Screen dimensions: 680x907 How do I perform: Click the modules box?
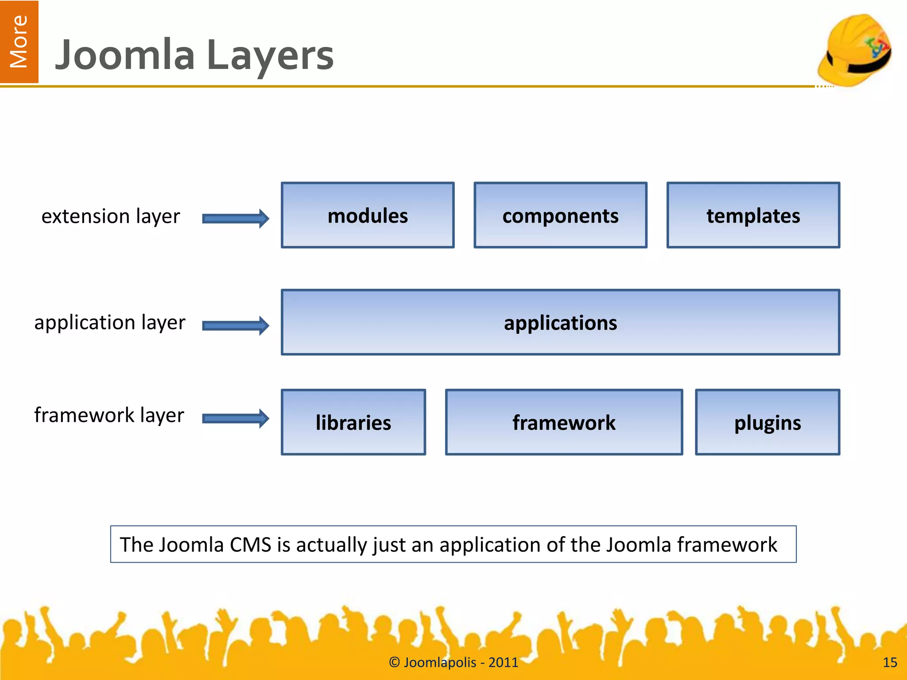coord(368,216)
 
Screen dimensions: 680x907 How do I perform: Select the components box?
coord(560,216)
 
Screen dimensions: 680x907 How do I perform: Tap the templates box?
coord(753,216)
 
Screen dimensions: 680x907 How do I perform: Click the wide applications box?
coord(560,323)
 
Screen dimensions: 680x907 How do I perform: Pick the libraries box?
coord(353,422)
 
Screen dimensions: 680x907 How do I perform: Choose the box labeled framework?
coord(564,422)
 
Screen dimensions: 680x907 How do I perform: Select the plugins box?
coord(767,422)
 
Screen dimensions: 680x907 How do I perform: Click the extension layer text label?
coord(111,216)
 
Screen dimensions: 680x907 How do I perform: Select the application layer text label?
coord(110,323)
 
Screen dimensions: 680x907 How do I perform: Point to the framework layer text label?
coord(109,415)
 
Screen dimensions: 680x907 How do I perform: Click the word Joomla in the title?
coord(125,55)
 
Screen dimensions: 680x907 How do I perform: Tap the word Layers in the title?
coord(270,56)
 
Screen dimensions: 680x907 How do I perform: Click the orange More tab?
coord(19,42)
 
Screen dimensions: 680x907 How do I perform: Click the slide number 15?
coord(890,662)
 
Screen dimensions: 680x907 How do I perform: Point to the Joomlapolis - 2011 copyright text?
coord(453,662)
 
